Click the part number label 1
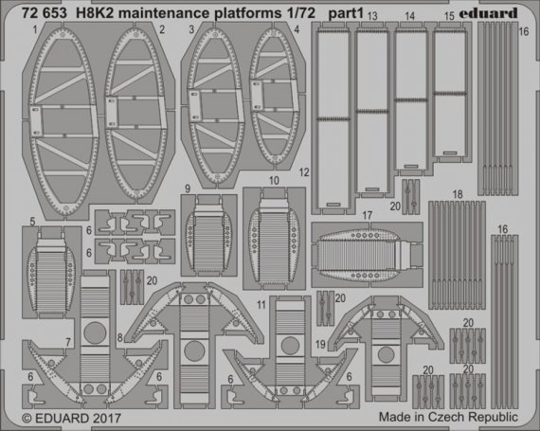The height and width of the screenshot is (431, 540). [x=33, y=30]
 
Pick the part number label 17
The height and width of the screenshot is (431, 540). [x=365, y=216]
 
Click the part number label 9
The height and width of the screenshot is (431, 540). [x=189, y=188]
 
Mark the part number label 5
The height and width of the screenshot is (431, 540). [x=33, y=224]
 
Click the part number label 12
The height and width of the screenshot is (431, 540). [x=303, y=173]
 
